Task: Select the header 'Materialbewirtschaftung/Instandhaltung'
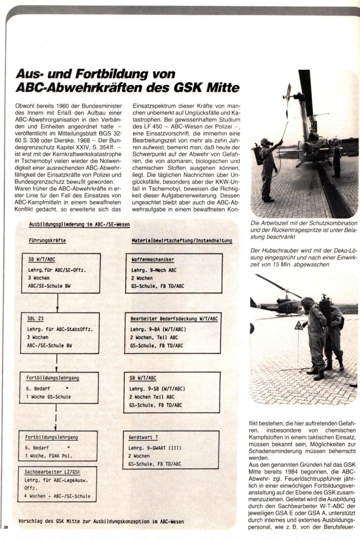[181, 241]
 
